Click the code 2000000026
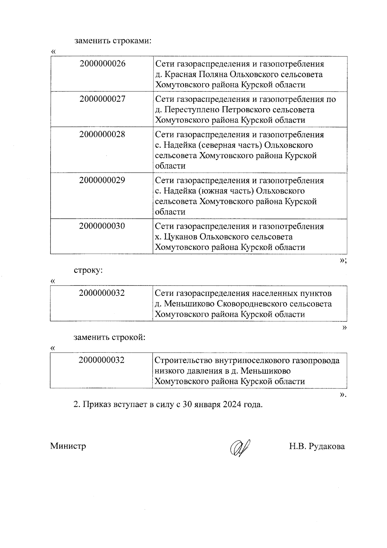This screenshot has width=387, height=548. pos(102,64)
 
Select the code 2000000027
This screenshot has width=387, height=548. pos(102,99)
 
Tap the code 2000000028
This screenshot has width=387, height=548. pos(102,134)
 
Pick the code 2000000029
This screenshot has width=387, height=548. pos(102,180)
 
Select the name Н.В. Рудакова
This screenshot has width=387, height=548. pos(317,446)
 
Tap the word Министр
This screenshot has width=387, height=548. pos(68,446)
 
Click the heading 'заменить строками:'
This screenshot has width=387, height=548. pos(113,41)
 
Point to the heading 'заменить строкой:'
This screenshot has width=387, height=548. pos(109,337)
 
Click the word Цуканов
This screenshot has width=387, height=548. pos(181,237)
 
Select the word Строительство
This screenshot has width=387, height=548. pos(181,360)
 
